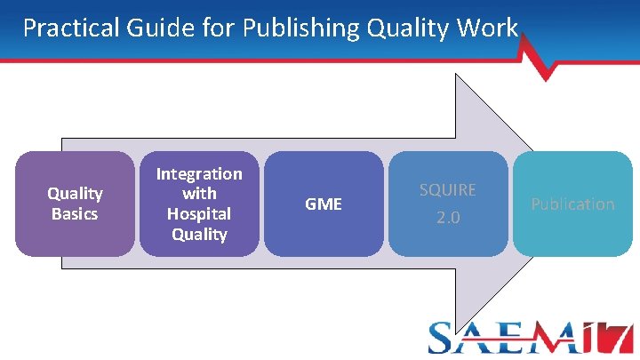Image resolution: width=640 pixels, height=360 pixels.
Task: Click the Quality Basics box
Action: point(75,204)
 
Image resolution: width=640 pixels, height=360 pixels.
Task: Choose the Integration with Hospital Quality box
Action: point(199,204)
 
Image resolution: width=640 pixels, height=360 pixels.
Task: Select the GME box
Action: point(324,204)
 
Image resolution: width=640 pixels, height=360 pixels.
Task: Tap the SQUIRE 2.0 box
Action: point(448,204)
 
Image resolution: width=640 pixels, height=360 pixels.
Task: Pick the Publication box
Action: point(572,204)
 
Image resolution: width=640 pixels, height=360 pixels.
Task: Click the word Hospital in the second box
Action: point(199,214)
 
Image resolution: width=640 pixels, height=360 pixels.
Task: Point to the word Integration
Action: point(199,174)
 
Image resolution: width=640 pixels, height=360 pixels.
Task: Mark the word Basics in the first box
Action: point(75,214)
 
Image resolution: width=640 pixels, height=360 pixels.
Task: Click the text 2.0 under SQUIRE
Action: point(448,218)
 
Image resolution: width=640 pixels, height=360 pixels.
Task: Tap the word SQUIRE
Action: point(448,190)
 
